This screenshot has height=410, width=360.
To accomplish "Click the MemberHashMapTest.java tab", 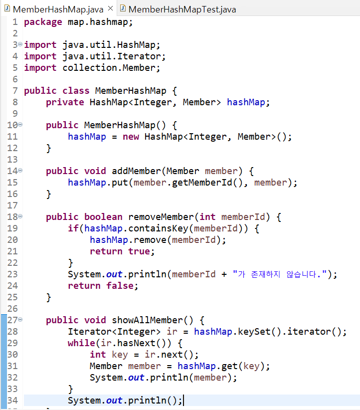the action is [x=182, y=9].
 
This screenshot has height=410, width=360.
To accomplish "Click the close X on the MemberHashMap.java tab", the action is [x=110, y=9].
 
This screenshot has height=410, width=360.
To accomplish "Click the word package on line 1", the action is [x=43, y=22].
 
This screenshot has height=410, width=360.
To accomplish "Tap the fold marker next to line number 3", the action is [x=20, y=45].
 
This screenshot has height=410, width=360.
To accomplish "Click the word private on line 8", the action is [x=65, y=102].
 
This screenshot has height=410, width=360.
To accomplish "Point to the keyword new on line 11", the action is [x=131, y=137].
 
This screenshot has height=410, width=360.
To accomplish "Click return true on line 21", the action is [x=120, y=251].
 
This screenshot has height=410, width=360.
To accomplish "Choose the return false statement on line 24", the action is [x=103, y=286].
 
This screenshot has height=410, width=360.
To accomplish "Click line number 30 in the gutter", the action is [x=12, y=355].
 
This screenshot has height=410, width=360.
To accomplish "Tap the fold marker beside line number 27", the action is [x=20, y=320].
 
